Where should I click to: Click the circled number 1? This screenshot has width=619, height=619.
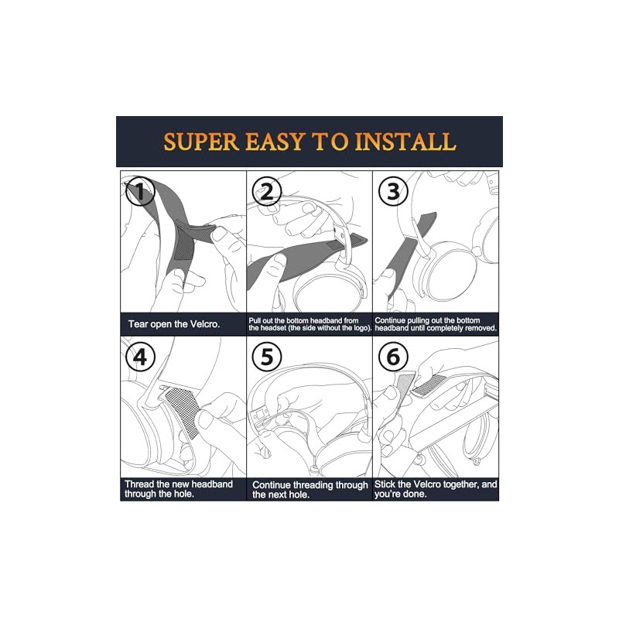click(140, 191)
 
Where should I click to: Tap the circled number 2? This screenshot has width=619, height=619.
click(267, 191)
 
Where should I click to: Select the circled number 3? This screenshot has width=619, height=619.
click(393, 191)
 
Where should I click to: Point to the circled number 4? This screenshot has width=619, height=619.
click(140, 357)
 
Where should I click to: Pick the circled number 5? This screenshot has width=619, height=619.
click(267, 357)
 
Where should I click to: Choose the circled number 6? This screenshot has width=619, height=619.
click(393, 357)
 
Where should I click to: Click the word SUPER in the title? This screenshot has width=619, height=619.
click(201, 142)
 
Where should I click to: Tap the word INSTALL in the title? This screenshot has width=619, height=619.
click(405, 142)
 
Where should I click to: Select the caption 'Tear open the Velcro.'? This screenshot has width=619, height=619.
click(173, 324)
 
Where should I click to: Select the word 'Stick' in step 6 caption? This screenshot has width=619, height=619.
click(384, 484)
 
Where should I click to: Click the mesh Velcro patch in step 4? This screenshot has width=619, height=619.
click(183, 412)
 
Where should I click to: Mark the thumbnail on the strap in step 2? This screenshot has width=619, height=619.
click(279, 261)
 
